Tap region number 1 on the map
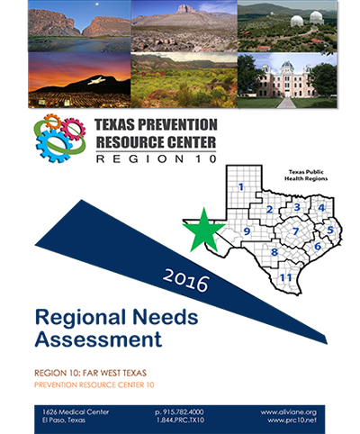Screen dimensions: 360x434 [x=241, y=187]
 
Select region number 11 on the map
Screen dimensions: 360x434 [x=285, y=277]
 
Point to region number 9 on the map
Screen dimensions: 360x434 [x=247, y=231]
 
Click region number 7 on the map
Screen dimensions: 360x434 [x=296, y=231]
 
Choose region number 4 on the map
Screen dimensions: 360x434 [x=321, y=207]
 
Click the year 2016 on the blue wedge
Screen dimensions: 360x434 [x=186, y=281]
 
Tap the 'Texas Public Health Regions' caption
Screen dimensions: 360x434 [x=306, y=176]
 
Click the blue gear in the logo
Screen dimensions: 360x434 [x=53, y=145]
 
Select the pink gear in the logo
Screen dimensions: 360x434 [x=73, y=129]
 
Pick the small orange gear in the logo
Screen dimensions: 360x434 [x=52, y=122]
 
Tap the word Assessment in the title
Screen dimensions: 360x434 [x=98, y=339]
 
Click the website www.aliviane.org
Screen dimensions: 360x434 [x=289, y=412]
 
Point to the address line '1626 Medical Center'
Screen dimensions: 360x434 [x=76, y=411]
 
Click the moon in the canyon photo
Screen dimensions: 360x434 [x=96, y=4]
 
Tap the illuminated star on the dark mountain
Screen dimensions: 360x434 [x=96, y=80]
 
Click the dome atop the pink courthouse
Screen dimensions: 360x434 [x=287, y=65]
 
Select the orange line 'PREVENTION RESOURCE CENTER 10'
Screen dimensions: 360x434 [x=94, y=384]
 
